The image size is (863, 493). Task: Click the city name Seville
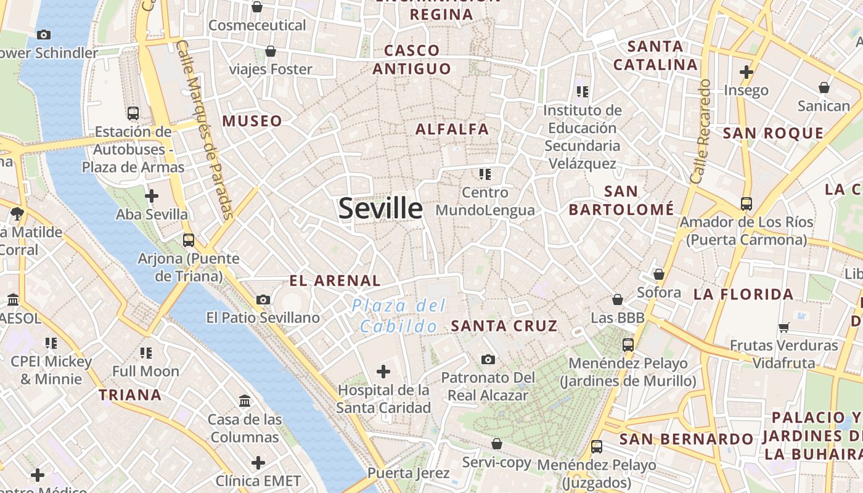(380, 208)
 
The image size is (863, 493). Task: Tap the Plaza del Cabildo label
(399, 316)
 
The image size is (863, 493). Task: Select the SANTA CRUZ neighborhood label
(504, 326)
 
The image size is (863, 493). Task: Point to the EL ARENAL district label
(335, 281)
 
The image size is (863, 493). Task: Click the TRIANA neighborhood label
(131, 395)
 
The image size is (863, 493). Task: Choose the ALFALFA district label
(452, 129)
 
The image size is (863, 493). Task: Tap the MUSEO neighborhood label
(252, 121)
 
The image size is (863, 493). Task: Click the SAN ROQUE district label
(773, 134)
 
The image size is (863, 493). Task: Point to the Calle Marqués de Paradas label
(203, 129)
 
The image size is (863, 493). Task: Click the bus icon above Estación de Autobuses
(133, 113)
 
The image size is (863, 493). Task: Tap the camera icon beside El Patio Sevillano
(263, 300)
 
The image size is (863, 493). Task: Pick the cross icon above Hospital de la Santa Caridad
(383, 371)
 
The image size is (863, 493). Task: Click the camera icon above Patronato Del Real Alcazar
(488, 359)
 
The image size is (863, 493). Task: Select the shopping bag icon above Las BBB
(617, 299)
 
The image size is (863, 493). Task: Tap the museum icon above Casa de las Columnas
(245, 401)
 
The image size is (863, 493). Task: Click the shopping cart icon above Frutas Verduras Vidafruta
(783, 327)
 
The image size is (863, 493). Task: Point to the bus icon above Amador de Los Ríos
(746, 203)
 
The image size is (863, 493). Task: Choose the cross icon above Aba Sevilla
(152, 196)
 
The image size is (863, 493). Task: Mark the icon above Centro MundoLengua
(485, 174)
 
